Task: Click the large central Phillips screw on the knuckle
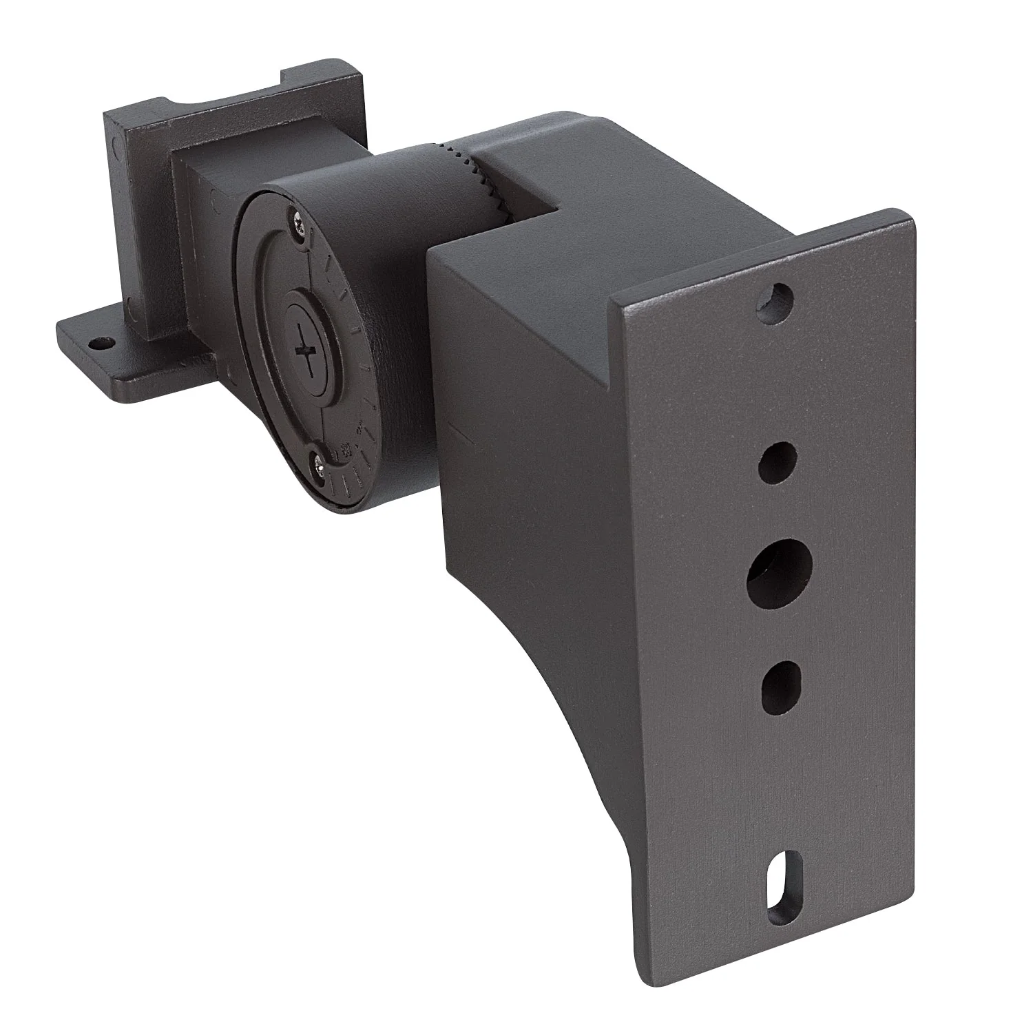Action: point(307,351)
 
